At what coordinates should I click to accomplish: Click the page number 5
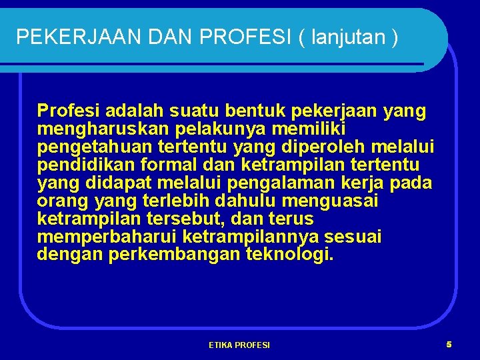[449, 344]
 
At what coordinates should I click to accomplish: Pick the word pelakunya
[196, 128]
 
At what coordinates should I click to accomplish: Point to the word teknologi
[289, 254]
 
